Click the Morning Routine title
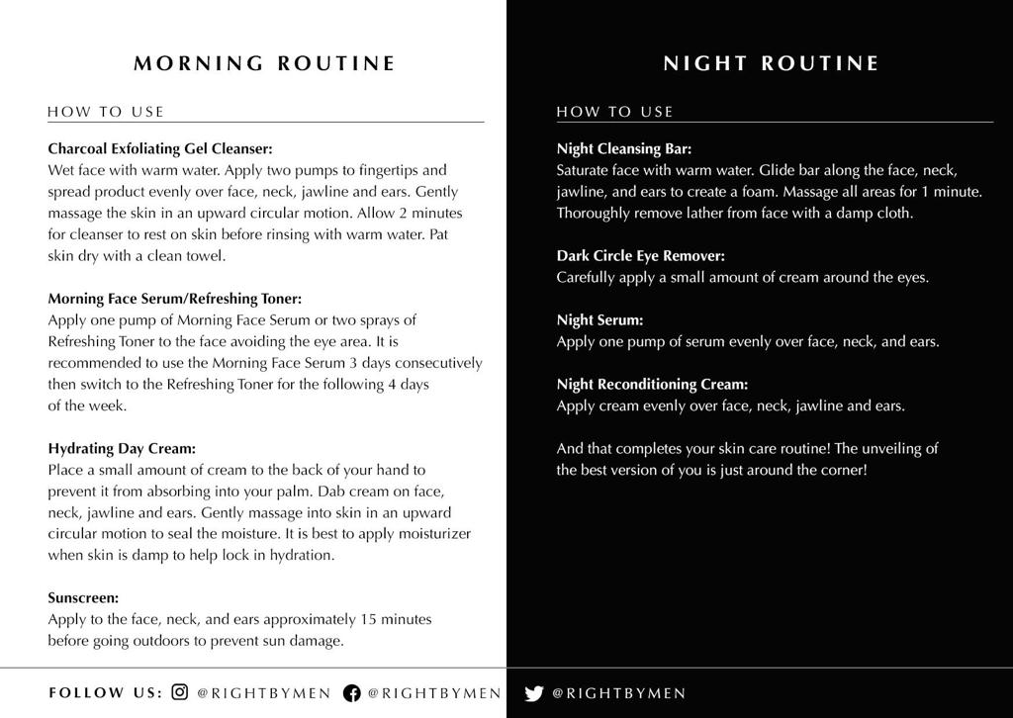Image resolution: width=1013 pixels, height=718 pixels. pyautogui.click(x=264, y=63)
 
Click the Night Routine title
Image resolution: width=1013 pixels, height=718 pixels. pyautogui.click(x=771, y=63)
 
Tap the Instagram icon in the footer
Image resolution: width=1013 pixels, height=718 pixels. pyautogui.click(x=180, y=692)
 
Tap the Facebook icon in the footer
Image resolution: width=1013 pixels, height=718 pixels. pyautogui.click(x=351, y=692)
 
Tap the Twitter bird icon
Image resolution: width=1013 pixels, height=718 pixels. pyautogui.click(x=534, y=692)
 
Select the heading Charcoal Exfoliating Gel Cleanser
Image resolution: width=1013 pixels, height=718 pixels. pyautogui.click(x=159, y=148)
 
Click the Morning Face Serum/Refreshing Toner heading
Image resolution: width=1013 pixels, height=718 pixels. pyautogui.click(x=175, y=298)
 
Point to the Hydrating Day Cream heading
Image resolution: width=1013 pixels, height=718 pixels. pyautogui.click(x=122, y=448)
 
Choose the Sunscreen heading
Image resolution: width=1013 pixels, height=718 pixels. pyautogui.click(x=83, y=597)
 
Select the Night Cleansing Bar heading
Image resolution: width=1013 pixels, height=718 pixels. pyautogui.click(x=623, y=148)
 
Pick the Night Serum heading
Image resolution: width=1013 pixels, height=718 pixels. pyautogui.click(x=599, y=319)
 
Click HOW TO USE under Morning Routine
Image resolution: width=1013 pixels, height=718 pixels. pyautogui.click(x=106, y=112)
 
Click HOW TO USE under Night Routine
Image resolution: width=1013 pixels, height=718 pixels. pyautogui.click(x=614, y=112)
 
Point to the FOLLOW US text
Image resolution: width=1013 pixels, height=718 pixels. pyautogui.click(x=105, y=692)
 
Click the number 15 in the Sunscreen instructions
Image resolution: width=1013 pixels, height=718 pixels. pyautogui.click(x=369, y=619)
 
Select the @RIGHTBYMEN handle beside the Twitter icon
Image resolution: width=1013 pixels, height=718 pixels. pyautogui.click(x=618, y=693)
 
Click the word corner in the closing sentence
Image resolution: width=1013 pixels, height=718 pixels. pyautogui.click(x=841, y=470)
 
